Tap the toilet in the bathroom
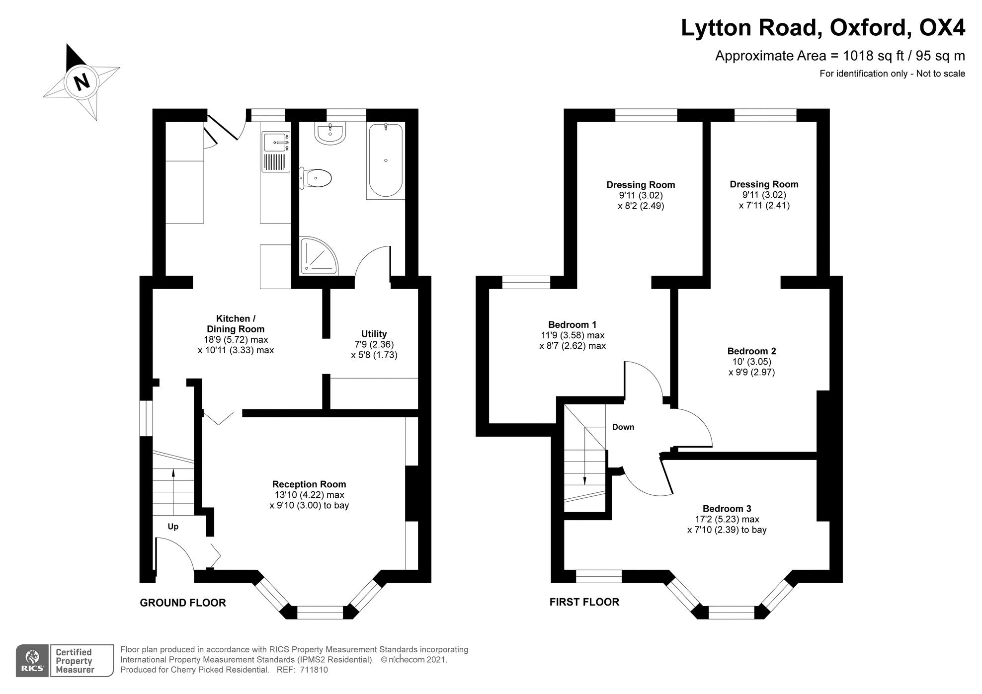(x=317, y=178)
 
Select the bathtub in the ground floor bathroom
(x=385, y=160)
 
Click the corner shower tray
(x=317, y=256)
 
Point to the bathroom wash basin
(x=329, y=134)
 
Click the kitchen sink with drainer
(x=276, y=152)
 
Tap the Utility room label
(x=374, y=334)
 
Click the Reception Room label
(x=309, y=484)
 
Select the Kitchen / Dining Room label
(x=236, y=324)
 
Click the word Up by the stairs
(x=173, y=527)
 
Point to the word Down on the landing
(x=623, y=427)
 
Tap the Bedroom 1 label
(x=572, y=325)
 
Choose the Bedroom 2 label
(x=751, y=351)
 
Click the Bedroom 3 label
(x=727, y=509)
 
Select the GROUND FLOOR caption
(x=183, y=603)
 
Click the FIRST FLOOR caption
(x=584, y=602)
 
